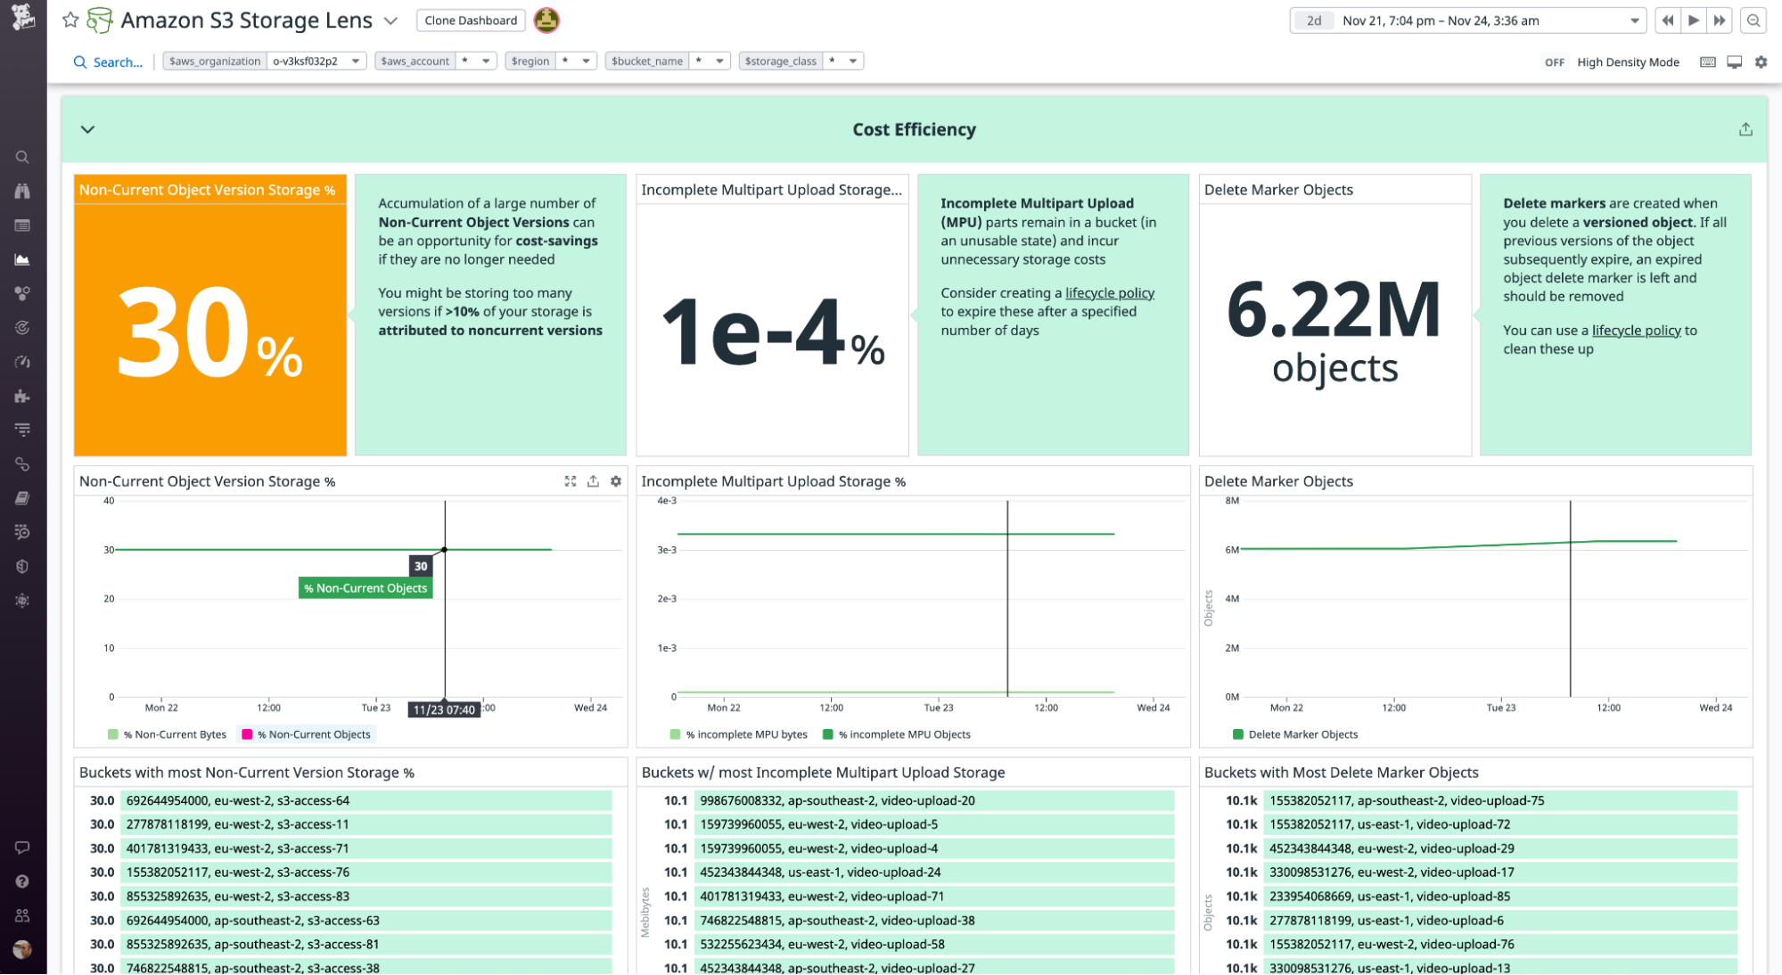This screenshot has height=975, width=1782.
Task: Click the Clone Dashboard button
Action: [471, 20]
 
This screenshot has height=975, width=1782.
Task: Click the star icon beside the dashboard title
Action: [70, 20]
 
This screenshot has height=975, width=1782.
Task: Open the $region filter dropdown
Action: [550, 61]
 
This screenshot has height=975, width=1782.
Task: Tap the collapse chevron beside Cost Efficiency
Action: [87, 129]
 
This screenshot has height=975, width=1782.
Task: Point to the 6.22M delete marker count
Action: [1334, 310]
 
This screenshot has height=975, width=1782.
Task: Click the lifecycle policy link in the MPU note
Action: [1109, 293]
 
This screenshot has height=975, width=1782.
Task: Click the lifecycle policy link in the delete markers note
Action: [1636, 331]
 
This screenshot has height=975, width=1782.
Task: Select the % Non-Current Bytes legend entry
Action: [175, 734]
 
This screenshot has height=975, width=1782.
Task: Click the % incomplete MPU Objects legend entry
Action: [903, 734]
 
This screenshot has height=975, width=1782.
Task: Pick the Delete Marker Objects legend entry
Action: [1302, 734]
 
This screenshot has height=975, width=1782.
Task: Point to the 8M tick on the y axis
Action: [1232, 501]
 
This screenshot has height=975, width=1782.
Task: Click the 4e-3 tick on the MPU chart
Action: [667, 501]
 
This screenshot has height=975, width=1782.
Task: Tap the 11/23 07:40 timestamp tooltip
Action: [444, 709]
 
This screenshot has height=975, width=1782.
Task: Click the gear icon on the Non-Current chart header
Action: [616, 481]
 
